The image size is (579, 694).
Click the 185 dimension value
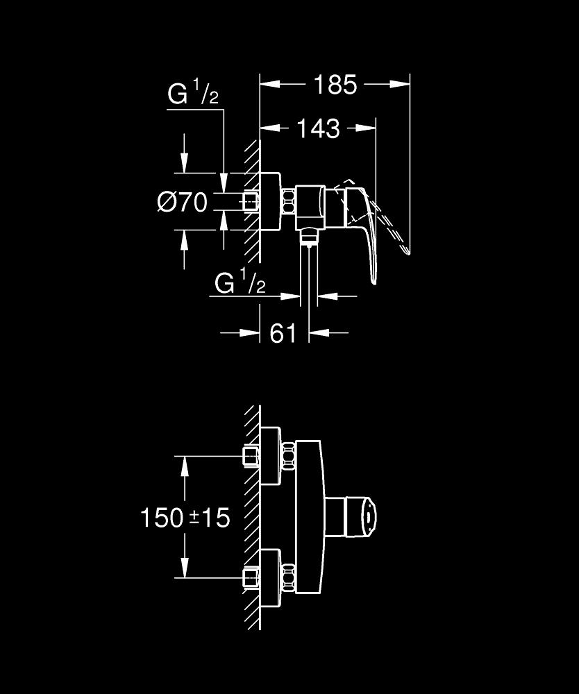(x=335, y=85)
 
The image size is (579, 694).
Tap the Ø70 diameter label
(x=183, y=203)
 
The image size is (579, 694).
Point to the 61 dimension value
(x=283, y=333)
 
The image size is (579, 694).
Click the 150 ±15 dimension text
(x=185, y=517)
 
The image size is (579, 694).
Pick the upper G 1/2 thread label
(x=193, y=94)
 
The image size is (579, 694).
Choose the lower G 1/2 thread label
(x=240, y=282)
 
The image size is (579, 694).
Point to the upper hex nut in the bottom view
(x=288, y=457)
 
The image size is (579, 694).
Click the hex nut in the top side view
(x=288, y=203)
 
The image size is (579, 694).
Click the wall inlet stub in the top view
(x=250, y=203)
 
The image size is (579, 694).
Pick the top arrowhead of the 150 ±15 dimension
(x=184, y=466)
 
